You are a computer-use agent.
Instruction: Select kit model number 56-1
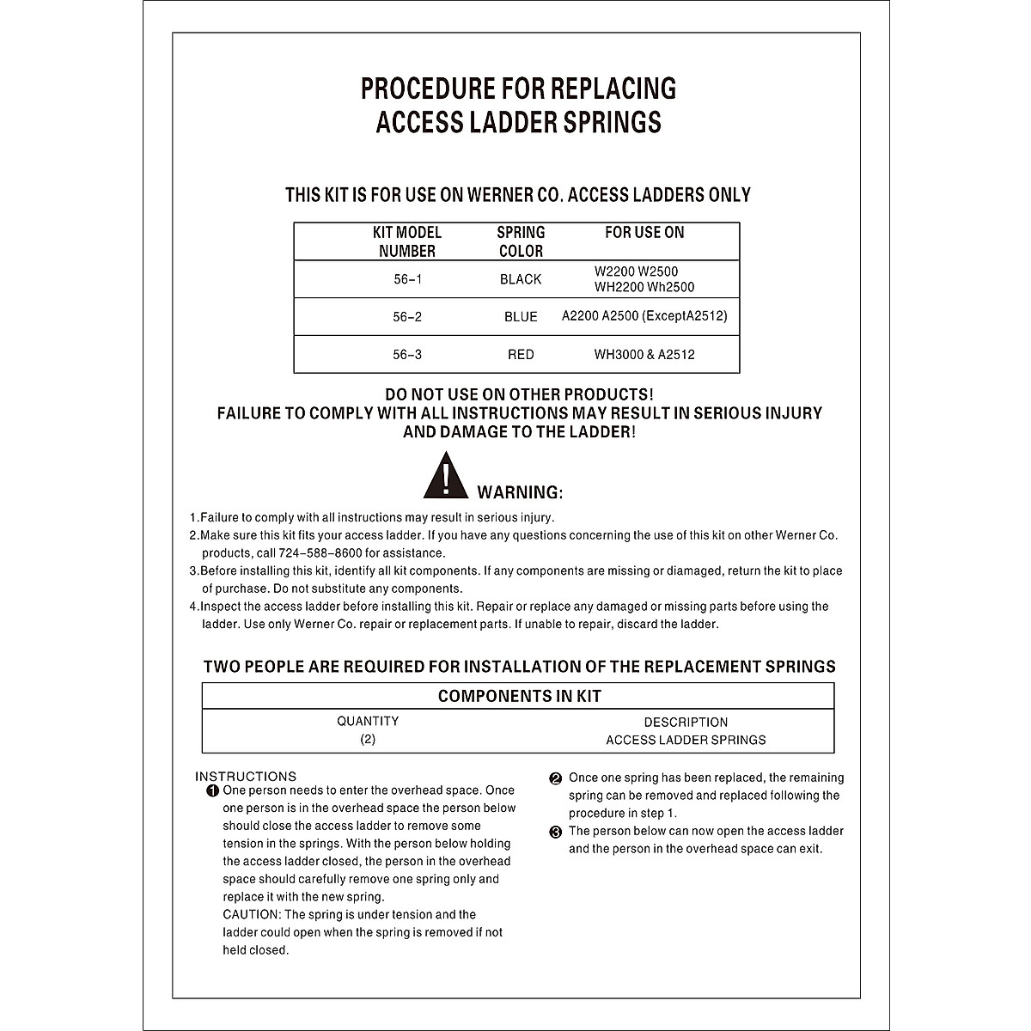[407, 279]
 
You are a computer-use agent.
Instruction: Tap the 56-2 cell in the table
[407, 317]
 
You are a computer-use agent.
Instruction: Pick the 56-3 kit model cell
[407, 354]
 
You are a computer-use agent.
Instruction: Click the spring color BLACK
[521, 279]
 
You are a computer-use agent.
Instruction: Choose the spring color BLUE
[521, 317]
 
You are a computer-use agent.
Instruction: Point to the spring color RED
[521, 354]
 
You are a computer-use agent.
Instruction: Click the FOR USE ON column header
[644, 232]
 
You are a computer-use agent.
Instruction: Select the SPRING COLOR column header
[521, 241]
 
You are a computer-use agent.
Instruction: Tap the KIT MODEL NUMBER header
[407, 241]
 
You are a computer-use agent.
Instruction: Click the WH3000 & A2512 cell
[644, 354]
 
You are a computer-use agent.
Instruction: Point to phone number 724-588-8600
[326, 553]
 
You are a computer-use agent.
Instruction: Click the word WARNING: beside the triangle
[520, 492]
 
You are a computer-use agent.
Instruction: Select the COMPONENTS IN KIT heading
[519, 696]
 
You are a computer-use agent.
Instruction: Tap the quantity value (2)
[368, 739]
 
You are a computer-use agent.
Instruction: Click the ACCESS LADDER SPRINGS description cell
[686, 740]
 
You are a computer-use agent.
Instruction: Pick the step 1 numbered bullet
[212, 790]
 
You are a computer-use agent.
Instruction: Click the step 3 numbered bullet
[555, 832]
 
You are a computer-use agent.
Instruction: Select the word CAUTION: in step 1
[251, 914]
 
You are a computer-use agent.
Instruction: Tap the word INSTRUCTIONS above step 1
[246, 776]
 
